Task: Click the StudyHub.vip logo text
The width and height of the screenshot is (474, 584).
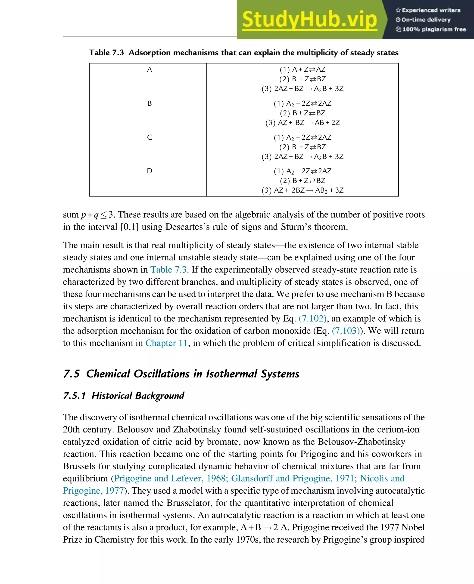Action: [309, 20]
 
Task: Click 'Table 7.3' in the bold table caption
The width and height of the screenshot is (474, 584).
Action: [106, 52]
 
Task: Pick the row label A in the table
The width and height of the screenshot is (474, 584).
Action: [149, 70]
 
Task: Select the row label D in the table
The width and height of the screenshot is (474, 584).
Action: [149, 171]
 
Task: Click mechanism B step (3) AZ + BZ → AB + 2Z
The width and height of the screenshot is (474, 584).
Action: [302, 123]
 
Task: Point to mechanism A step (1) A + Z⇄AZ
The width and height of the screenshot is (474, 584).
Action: [302, 70]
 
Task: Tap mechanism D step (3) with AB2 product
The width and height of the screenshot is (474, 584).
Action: [302, 191]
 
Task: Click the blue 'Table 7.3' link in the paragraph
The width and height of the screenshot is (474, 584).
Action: [168, 270]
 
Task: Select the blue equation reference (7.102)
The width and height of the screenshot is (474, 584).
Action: [312, 318]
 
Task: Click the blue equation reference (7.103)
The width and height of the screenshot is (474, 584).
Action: [346, 331]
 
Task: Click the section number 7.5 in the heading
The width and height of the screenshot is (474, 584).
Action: [71, 374]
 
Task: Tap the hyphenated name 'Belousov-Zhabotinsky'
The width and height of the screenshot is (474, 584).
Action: [362, 442]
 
